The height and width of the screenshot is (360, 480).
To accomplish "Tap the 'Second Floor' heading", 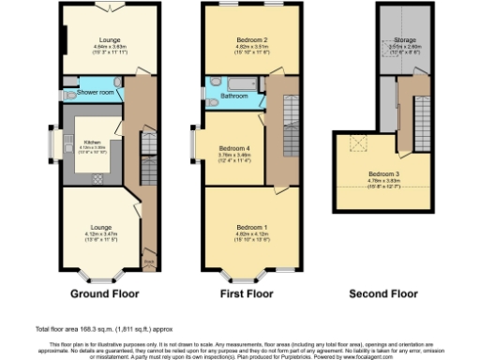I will pyautogui.click(x=382, y=293).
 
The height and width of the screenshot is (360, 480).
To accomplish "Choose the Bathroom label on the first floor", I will pyautogui.click(x=233, y=96).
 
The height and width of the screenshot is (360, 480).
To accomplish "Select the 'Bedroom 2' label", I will pyautogui.click(x=246, y=37).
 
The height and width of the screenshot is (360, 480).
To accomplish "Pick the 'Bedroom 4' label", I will pyautogui.click(x=233, y=148).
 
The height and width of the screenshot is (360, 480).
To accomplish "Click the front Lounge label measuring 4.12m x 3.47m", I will pyautogui.click(x=100, y=228).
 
